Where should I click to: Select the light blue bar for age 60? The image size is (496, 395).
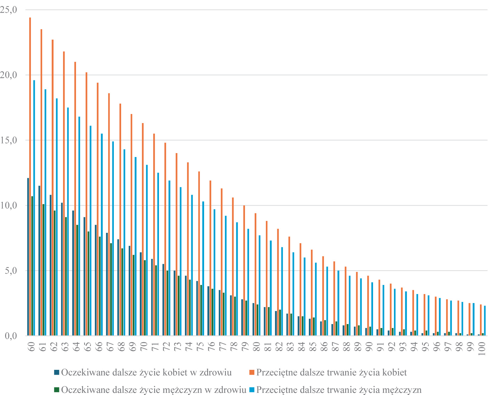(x=34, y=208)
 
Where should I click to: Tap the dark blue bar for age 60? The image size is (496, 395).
(x=28, y=256)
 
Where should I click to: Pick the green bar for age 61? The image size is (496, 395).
(x=43, y=270)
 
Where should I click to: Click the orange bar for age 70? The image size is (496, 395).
(x=143, y=229)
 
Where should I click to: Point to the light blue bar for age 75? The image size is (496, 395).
(x=203, y=268)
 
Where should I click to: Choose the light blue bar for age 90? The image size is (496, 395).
(x=372, y=309)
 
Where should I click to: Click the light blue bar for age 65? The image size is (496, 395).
(x=91, y=230)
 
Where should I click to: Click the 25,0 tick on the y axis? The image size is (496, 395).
(x=9, y=10)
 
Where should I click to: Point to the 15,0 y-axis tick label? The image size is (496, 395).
(x=9, y=140)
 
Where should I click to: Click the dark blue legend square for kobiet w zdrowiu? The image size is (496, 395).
(x=57, y=372)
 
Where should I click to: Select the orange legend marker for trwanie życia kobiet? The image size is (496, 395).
(x=252, y=372)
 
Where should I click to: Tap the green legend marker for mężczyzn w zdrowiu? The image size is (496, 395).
(x=57, y=389)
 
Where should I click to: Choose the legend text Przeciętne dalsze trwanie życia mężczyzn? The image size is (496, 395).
(x=339, y=389)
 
